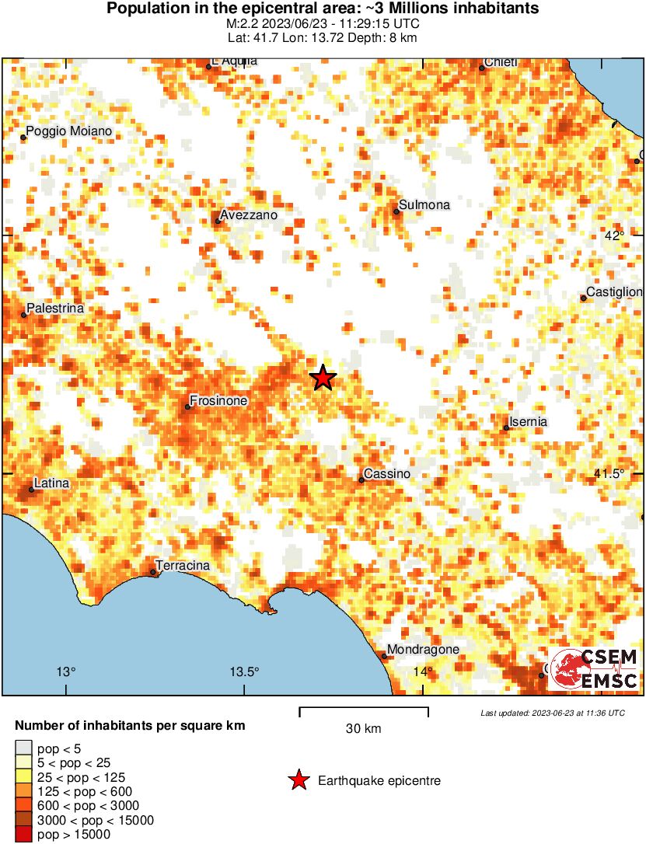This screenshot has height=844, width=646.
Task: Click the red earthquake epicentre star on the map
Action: (x=323, y=378)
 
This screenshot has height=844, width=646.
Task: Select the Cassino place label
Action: (x=388, y=474)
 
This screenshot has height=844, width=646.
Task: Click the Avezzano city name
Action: (x=249, y=215)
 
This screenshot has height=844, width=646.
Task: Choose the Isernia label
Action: (x=529, y=422)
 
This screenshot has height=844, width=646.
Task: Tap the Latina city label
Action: (x=52, y=483)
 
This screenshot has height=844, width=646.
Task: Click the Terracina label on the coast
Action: (x=183, y=566)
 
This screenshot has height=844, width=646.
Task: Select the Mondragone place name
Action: (x=424, y=650)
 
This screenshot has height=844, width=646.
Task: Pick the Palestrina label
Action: (x=55, y=309)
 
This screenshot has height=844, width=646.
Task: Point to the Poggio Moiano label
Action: (x=69, y=132)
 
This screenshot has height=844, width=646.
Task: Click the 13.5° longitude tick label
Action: (x=246, y=671)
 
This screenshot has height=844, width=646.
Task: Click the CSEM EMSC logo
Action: (x=594, y=669)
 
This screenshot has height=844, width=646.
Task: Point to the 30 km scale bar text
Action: (x=363, y=729)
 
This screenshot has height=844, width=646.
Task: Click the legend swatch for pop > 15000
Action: (x=23, y=835)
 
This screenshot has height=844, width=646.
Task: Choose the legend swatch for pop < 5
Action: (x=23, y=748)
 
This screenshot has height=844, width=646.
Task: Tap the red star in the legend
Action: (x=298, y=780)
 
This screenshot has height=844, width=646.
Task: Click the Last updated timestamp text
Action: (x=552, y=713)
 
